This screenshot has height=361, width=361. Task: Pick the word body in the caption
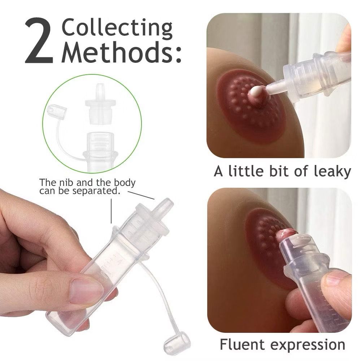(x=125, y=183)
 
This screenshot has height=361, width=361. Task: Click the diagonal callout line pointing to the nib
(x=141, y=195)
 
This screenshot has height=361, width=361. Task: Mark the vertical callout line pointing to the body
(x=111, y=211)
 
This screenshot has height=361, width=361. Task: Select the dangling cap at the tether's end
(x=177, y=341)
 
